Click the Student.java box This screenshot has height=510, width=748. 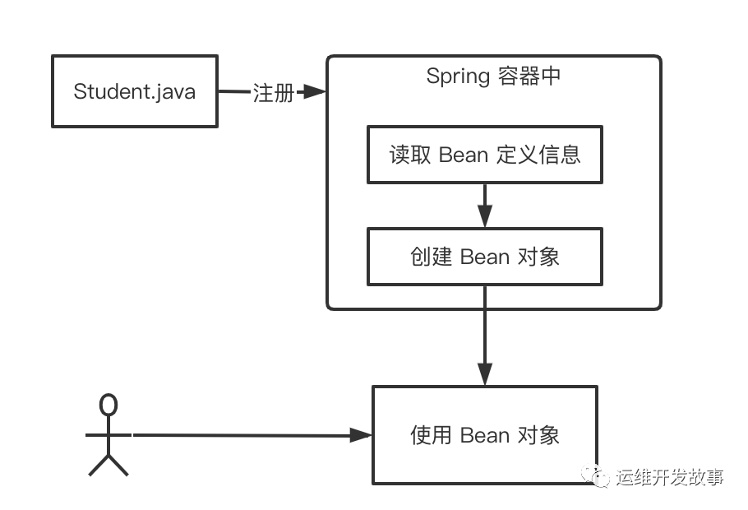[x=135, y=91]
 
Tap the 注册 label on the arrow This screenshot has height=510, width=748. [x=273, y=93]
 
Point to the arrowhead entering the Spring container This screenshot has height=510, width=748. [x=315, y=92]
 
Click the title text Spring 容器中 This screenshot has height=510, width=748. [x=494, y=76]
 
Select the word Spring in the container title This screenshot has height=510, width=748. [x=457, y=77]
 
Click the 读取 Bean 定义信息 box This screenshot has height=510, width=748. [x=484, y=154]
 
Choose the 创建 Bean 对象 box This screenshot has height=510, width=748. [x=484, y=256]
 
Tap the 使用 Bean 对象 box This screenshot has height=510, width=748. [x=484, y=434]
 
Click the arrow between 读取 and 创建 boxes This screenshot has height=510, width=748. [x=485, y=205]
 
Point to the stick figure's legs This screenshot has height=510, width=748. [x=109, y=464]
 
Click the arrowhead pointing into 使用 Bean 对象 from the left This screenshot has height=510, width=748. [x=362, y=434]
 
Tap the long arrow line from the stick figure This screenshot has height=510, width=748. [x=247, y=434]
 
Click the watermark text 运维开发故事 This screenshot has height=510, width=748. [x=669, y=477]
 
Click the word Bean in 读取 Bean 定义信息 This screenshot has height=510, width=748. [x=464, y=155]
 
